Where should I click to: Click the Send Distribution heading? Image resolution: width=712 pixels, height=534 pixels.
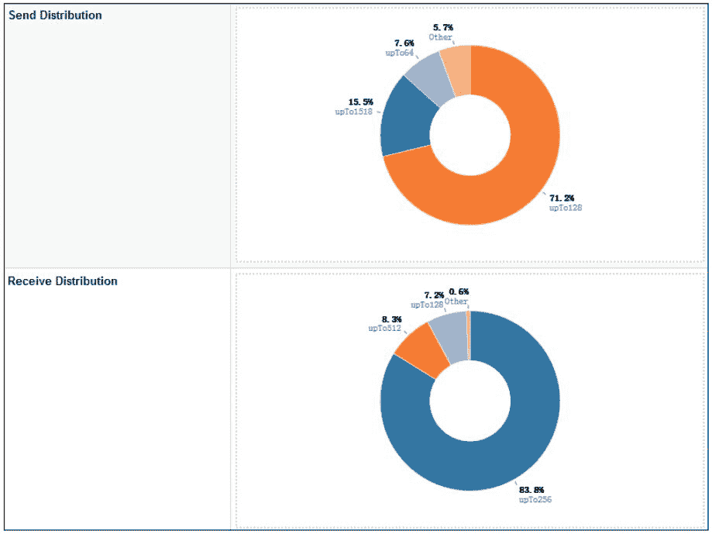[x=55, y=16]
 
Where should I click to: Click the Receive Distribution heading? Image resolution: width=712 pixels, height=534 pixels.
[x=63, y=281]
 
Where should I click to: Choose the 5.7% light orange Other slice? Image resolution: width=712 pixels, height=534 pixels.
[x=457, y=69]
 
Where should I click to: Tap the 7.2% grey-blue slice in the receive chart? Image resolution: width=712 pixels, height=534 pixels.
[x=449, y=334]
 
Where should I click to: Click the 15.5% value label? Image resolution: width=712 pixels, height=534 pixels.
[x=361, y=102]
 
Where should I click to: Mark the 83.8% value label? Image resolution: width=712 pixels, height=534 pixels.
[x=531, y=490]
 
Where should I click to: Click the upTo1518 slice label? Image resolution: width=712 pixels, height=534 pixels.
[x=353, y=112]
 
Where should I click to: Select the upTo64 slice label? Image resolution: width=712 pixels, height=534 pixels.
[x=400, y=53]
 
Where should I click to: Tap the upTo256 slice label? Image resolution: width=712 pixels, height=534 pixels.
[x=535, y=500]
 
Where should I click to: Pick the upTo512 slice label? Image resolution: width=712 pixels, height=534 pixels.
[x=384, y=329]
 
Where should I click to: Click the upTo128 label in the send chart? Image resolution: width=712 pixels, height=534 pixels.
[x=566, y=208]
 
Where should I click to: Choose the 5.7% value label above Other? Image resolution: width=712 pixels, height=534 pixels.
[x=443, y=27]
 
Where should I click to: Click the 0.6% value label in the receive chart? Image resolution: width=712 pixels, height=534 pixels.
[x=459, y=291]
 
